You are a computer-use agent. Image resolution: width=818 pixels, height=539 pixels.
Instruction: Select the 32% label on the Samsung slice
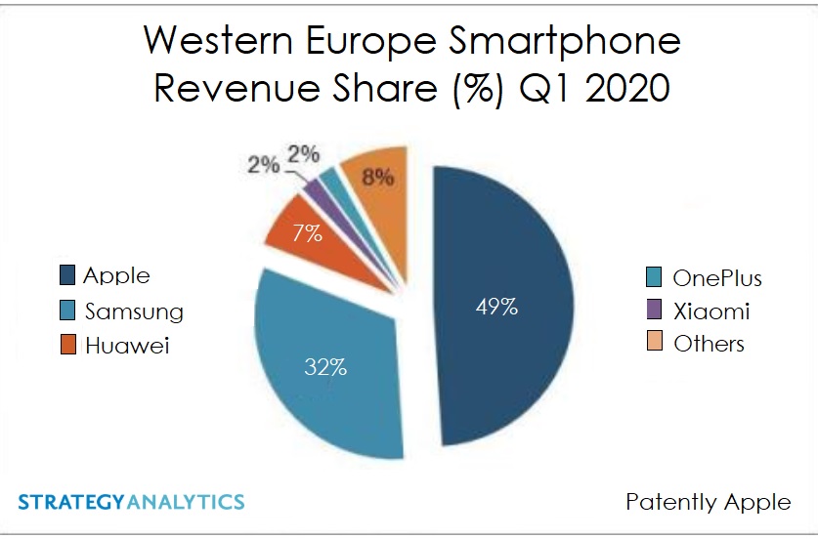324,367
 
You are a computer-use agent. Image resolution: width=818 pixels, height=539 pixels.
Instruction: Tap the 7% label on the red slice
309,233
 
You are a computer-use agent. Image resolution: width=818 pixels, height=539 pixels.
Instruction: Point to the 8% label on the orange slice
377,177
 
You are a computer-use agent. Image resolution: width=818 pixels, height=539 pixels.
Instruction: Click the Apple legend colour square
67,274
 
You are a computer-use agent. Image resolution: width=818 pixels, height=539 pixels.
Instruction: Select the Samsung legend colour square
67,311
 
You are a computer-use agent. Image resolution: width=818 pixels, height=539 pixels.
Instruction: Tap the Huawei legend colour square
67,345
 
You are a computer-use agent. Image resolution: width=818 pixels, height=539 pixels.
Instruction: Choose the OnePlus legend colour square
654,277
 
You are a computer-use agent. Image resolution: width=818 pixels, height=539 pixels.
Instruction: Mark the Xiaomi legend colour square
654,311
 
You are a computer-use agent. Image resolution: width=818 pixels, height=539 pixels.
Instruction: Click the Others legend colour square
654,343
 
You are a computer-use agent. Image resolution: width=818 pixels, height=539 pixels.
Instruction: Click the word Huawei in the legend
127,346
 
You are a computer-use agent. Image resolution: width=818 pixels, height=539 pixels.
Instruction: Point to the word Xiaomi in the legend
711,311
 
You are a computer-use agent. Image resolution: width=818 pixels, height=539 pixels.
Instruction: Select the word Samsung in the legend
134,311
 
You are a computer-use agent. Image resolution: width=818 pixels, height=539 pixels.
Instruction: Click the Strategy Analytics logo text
131,502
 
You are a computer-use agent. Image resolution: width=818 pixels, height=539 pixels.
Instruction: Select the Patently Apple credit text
708,502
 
